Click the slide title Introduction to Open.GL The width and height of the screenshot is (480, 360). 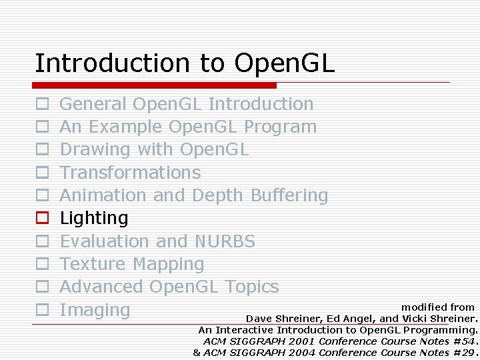coord(185,63)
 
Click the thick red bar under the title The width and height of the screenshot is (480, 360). coord(155,85)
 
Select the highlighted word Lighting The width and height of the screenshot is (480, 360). coord(94,218)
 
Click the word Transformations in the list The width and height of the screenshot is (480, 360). coord(130,173)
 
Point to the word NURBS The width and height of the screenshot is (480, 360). coord(225,241)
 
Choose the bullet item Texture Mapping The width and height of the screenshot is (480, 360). coord(132,264)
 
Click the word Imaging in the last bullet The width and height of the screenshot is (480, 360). coord(95,310)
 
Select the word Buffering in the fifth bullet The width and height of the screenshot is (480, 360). coord(289,195)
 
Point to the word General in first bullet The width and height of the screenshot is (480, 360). coord(93,104)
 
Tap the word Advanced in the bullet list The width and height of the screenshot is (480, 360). coord(101,287)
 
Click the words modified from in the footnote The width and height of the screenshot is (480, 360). coord(437,307)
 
